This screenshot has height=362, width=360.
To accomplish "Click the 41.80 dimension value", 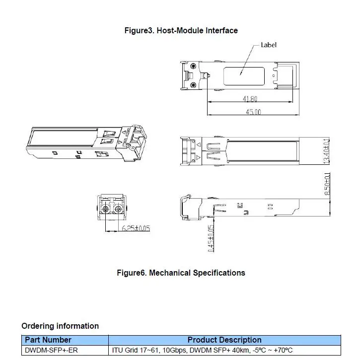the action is pos(250,99).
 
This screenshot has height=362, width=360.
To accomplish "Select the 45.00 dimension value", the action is pos(253,112).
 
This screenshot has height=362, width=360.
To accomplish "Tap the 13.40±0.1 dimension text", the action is pos(327,151).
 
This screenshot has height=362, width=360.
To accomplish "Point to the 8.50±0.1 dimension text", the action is pos(327,184).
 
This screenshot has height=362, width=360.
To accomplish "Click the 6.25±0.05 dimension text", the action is pos(136,228).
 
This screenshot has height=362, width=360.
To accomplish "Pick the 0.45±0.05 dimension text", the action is pos(211,238).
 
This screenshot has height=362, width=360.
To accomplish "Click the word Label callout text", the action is pos(269,45).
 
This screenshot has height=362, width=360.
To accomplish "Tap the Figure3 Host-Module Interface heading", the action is pos(181,30).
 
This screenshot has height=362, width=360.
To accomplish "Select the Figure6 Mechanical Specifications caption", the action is pos(181,273).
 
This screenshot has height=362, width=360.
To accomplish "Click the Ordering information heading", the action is pos(60,326).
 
